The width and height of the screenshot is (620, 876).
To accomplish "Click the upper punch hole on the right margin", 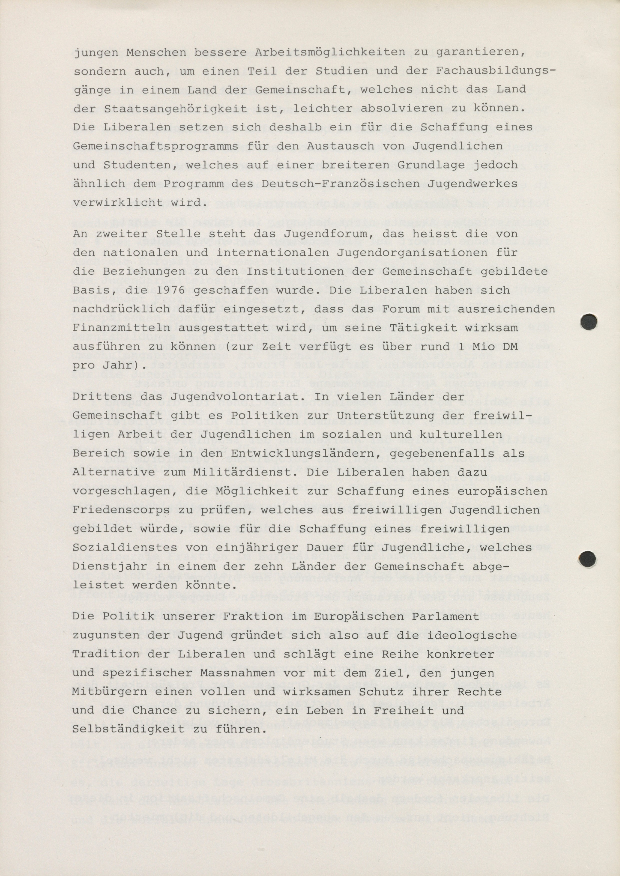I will tap(588, 322).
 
